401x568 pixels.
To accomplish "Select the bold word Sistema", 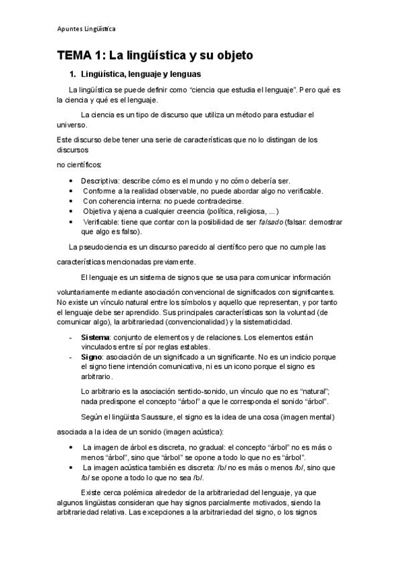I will (95, 337).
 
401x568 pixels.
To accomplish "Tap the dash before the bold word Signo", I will (72, 357).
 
